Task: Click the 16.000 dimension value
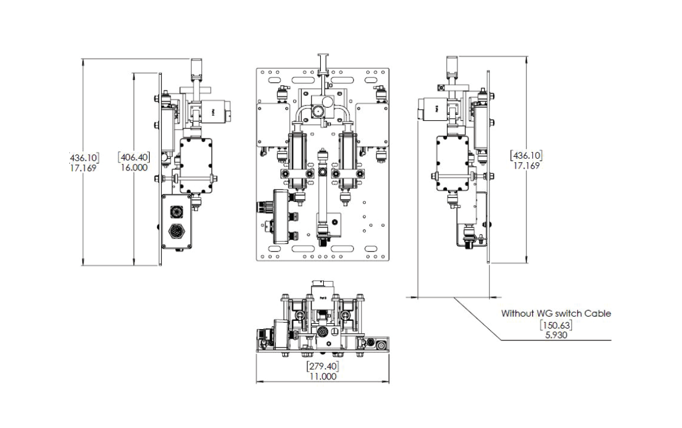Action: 134,168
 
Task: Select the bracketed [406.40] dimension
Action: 134,157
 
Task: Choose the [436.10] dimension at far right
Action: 526,156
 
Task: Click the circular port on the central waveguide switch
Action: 319,112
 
